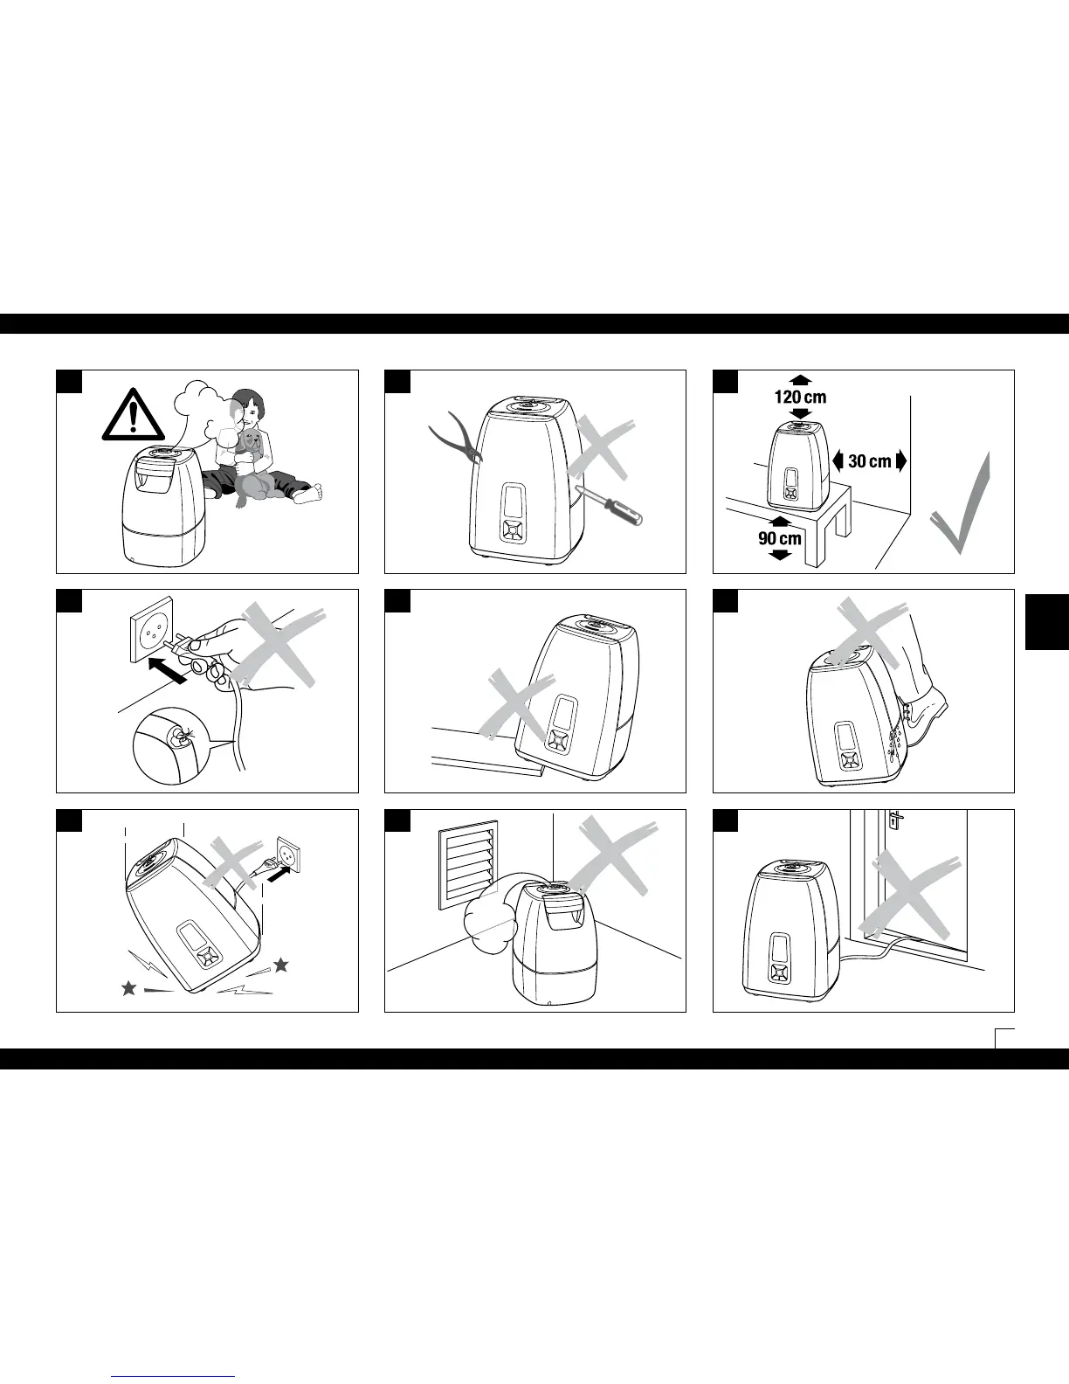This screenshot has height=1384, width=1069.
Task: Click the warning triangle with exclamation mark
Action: (132, 417)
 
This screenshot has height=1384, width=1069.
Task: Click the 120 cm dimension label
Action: (800, 397)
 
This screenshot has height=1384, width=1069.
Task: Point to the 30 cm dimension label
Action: (869, 460)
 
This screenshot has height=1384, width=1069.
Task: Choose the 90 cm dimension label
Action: (780, 538)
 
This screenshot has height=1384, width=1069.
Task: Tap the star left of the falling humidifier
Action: (128, 987)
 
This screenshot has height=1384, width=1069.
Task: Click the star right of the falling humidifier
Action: (280, 965)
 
